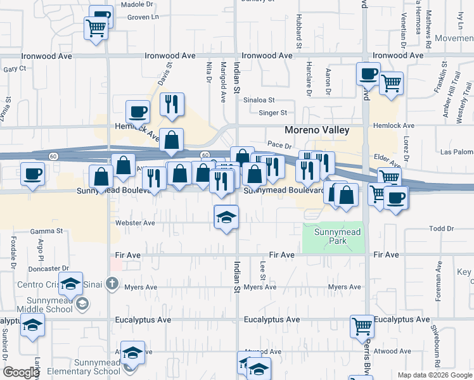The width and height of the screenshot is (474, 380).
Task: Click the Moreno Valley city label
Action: click(317, 130)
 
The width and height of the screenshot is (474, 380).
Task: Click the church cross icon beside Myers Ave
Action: click(112, 283)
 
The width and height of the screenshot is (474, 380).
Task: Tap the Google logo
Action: click(21, 372)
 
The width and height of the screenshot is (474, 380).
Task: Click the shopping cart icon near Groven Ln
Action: click(96, 27)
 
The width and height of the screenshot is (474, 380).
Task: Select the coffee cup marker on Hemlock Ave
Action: click(138, 113)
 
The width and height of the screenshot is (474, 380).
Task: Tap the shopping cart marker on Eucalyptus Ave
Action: click(362, 327)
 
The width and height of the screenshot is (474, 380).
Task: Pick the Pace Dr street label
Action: click(278, 145)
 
